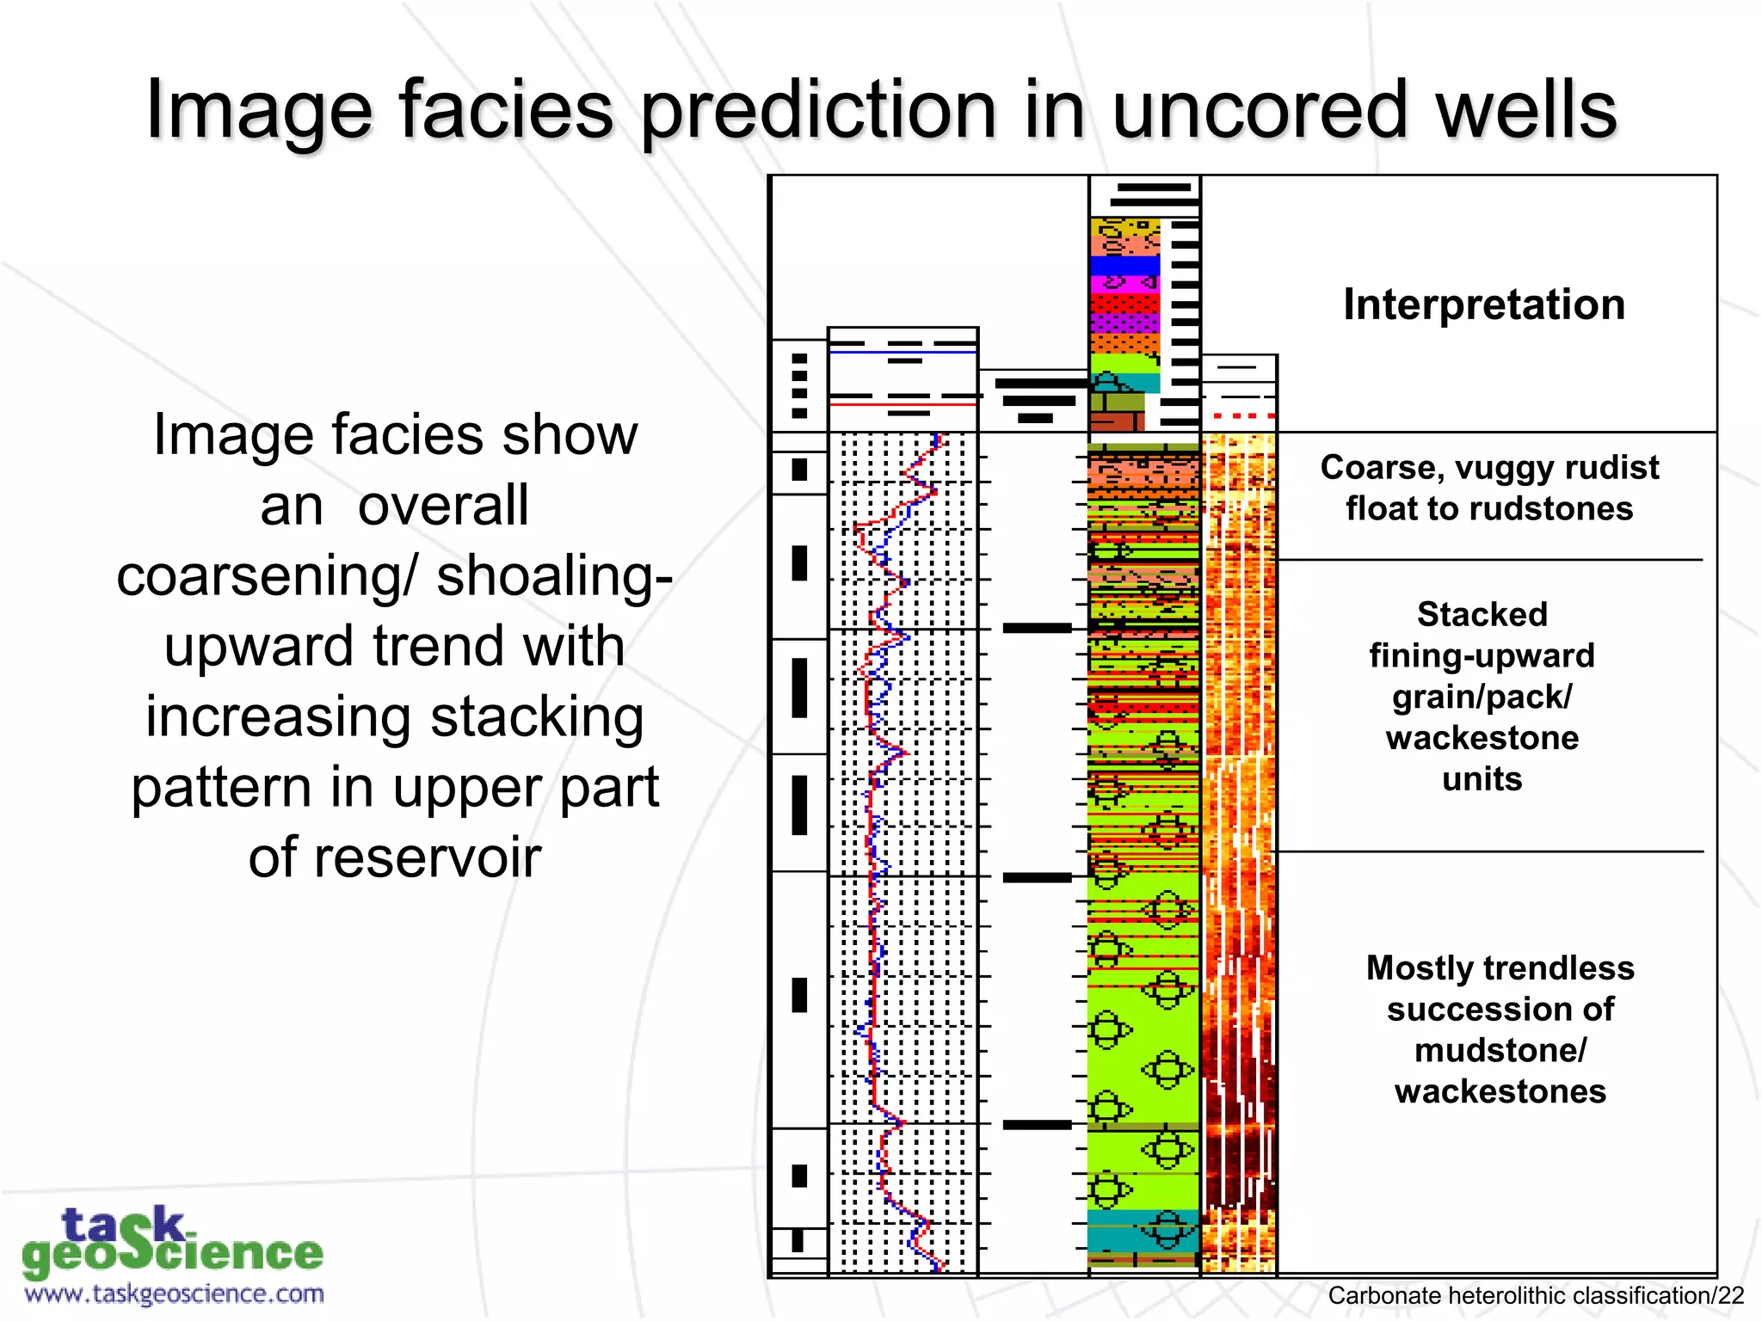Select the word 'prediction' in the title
coord(818,112)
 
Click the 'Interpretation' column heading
coord(1484,304)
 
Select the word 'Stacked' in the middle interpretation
coord(1482,615)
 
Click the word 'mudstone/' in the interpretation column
coord(1500,1051)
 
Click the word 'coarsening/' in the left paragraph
coord(267,576)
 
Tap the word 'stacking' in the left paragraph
coord(537,717)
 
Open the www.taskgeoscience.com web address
coord(175,1293)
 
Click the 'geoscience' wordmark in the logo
coord(172,1254)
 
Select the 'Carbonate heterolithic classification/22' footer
coord(1536,1296)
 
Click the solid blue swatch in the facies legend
coord(1124,266)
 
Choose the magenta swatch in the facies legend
coord(1124,284)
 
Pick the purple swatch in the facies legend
coord(1124,323)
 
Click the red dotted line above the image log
coord(1239,416)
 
